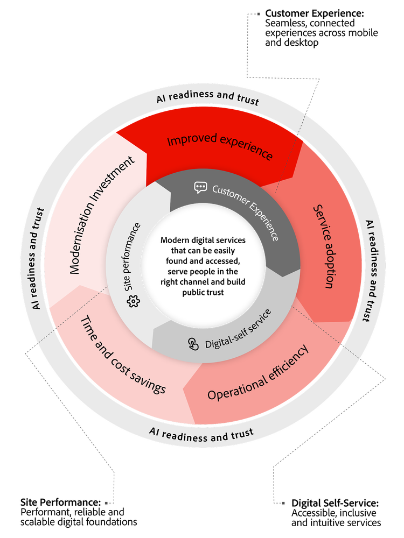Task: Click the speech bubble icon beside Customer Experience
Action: (x=200, y=187)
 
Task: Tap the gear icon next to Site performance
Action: (x=133, y=302)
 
